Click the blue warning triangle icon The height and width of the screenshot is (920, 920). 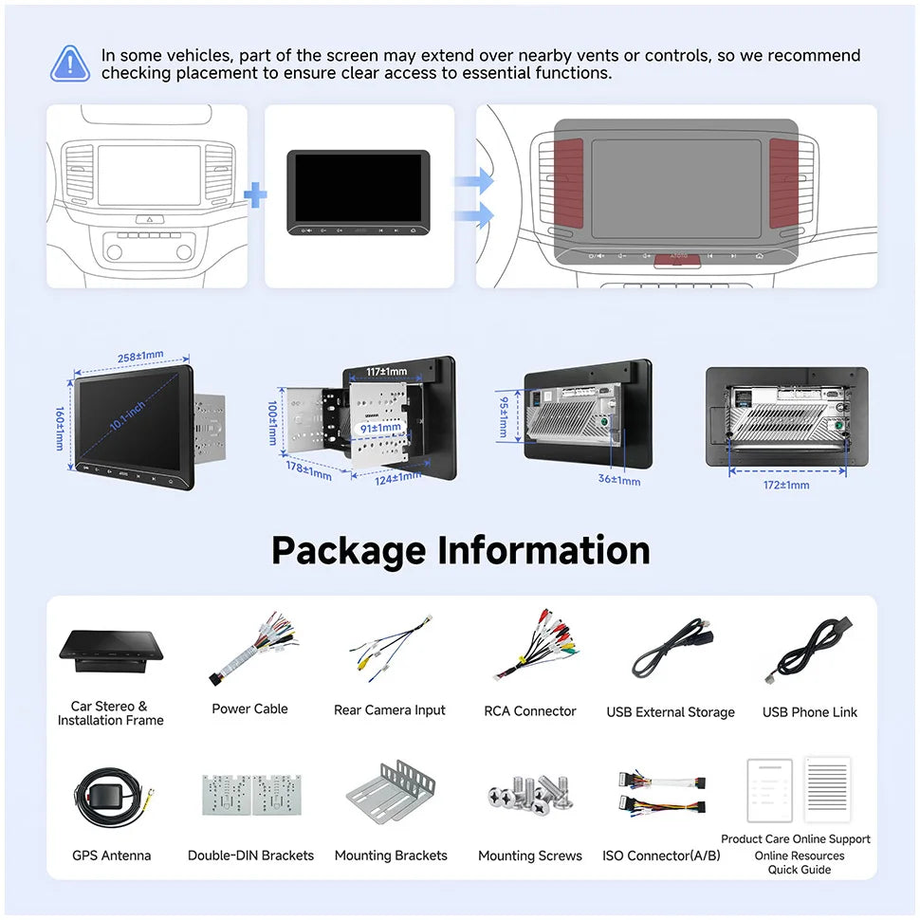click(70, 63)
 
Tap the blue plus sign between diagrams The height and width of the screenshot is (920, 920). click(255, 196)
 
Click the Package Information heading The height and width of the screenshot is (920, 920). click(460, 550)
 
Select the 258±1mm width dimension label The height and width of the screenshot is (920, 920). click(139, 357)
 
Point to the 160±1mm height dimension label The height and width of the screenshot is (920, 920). click(60, 427)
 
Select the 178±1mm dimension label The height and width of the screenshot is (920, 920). click(309, 469)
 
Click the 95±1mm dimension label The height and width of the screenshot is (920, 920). click(504, 416)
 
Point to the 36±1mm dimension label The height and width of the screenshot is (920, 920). click(620, 481)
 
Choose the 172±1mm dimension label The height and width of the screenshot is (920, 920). click(786, 485)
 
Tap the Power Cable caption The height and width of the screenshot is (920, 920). click(249, 708)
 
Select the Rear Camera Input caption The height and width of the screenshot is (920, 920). click(389, 710)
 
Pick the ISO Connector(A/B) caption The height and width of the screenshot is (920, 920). click(661, 856)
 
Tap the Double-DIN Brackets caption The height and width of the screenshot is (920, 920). click(250, 856)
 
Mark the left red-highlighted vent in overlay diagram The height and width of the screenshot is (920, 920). click(569, 184)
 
